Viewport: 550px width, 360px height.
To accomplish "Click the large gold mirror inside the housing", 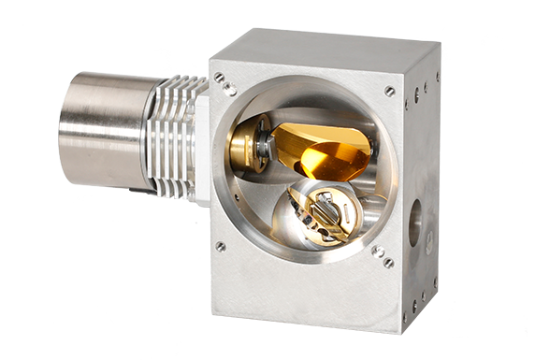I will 323,150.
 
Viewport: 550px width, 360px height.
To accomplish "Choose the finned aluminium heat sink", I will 173,131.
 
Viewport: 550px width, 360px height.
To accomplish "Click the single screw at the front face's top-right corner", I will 389,91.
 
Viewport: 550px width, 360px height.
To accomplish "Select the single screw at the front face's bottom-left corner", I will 221,247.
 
